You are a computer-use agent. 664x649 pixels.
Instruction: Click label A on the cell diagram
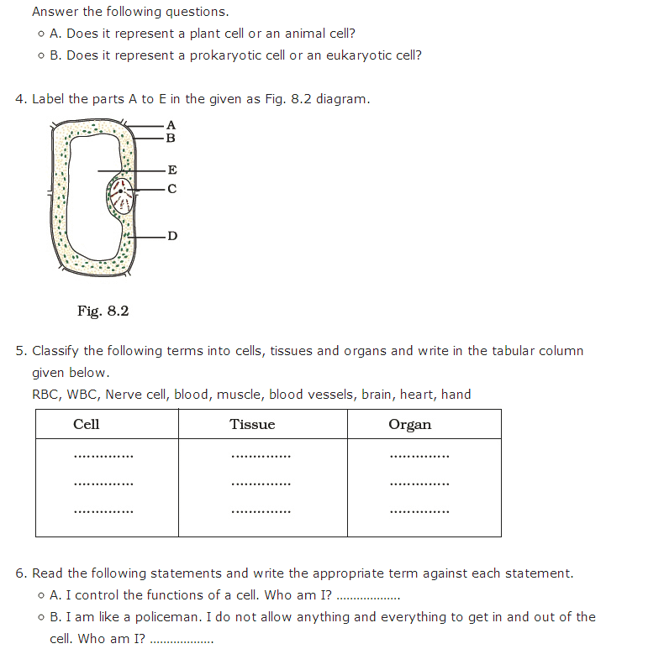(x=171, y=125)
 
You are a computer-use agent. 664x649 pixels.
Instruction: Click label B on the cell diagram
(x=171, y=138)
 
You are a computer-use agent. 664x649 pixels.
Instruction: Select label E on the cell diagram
(x=172, y=170)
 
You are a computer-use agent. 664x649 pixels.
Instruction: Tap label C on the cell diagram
(x=172, y=189)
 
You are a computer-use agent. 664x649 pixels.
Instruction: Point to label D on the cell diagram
(x=172, y=236)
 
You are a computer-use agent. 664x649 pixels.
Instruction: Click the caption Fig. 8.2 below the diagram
(x=103, y=311)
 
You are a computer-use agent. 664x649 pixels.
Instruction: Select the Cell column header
(x=87, y=425)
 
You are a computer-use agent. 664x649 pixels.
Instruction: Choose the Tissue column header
(x=252, y=425)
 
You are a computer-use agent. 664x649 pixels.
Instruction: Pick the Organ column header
(x=410, y=425)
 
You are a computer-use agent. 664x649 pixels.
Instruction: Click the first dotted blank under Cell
(x=103, y=458)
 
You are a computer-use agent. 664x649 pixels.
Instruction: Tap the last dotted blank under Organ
(x=419, y=511)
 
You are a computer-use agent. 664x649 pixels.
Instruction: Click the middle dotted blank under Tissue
(x=261, y=484)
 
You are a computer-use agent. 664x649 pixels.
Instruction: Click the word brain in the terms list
(x=377, y=395)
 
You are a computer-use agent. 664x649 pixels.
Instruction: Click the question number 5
(x=19, y=351)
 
